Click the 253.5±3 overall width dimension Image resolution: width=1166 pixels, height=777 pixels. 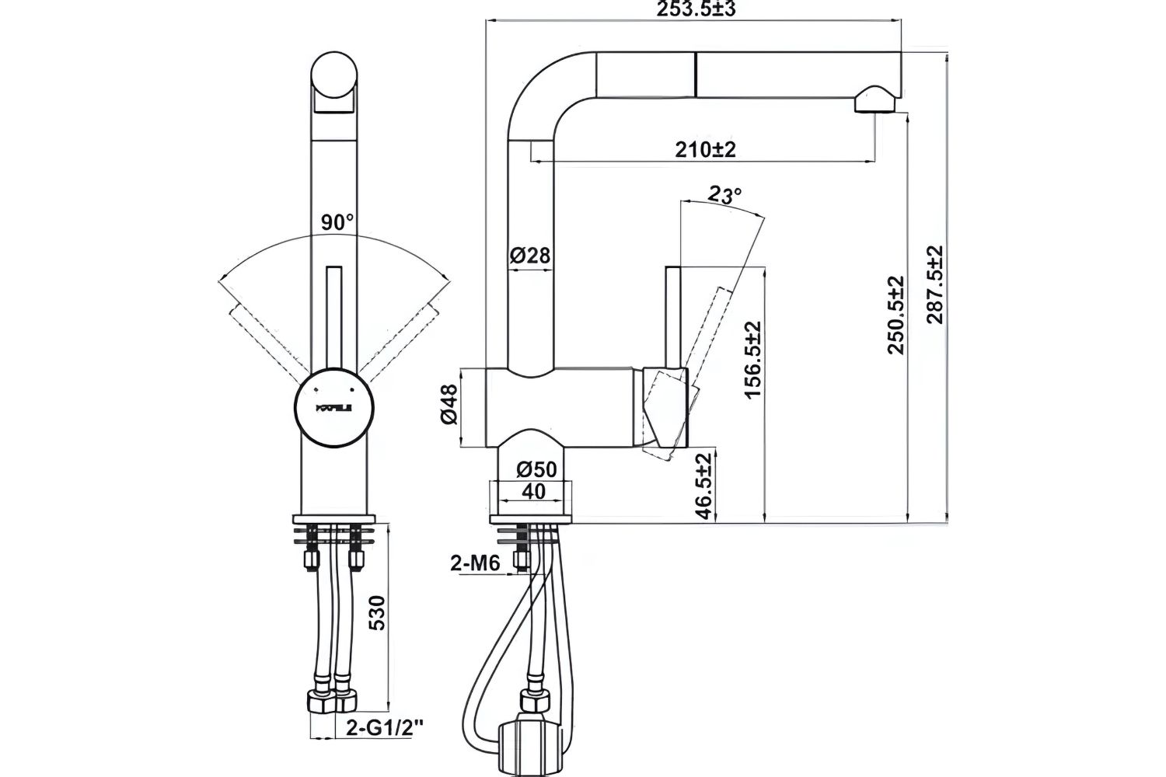click(696, 9)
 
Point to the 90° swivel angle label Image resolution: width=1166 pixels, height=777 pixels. click(337, 222)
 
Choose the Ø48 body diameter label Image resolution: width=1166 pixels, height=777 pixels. click(449, 406)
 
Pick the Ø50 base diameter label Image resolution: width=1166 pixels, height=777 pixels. click(536, 469)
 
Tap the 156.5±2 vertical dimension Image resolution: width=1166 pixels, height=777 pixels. click(752, 360)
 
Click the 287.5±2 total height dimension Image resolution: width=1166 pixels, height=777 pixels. click(934, 284)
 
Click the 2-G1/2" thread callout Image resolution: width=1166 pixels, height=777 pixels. click(386, 728)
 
